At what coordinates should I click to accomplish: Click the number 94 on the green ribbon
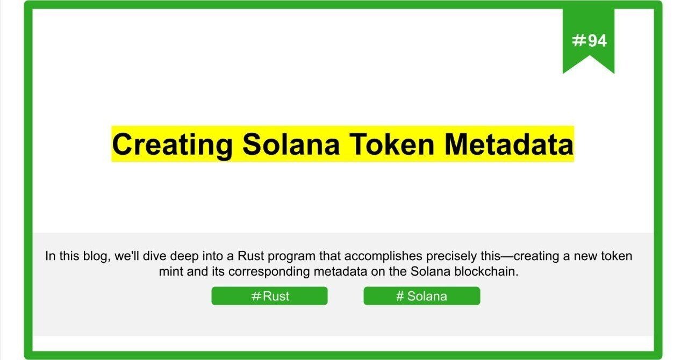(597, 40)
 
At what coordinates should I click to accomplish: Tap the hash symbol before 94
(578, 40)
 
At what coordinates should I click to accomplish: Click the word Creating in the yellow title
(172, 144)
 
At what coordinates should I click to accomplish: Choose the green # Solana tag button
(421, 296)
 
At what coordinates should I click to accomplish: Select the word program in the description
(289, 256)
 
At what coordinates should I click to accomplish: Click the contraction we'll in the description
(127, 256)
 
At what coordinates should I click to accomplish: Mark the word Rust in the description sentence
(250, 256)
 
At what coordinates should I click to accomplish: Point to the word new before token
(584, 256)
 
